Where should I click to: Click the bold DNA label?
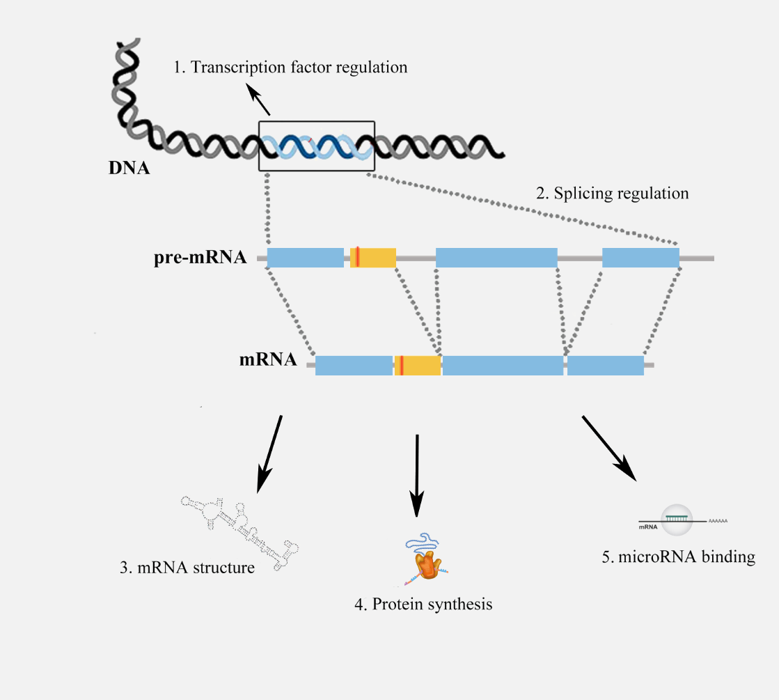pos(129,168)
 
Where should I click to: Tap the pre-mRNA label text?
pos(200,258)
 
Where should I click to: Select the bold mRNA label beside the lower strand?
pos(268,359)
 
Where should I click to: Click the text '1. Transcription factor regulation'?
pos(290,67)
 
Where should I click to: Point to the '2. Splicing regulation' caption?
pos(613,194)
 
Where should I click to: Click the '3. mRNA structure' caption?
pos(187,568)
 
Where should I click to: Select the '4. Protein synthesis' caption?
pos(423,605)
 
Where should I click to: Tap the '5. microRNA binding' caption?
pos(679,557)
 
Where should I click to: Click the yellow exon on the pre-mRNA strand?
pos(373,258)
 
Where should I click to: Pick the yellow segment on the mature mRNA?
pos(418,366)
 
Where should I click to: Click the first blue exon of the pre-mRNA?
pos(306,258)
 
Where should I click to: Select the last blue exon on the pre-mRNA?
pos(641,258)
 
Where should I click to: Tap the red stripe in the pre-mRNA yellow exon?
pos(358,257)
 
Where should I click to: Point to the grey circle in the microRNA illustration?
pos(677,520)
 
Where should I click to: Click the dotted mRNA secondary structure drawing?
pos(239,531)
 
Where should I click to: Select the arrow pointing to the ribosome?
pos(417,476)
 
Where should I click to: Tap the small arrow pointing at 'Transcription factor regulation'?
pos(258,100)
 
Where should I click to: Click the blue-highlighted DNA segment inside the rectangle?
pos(317,147)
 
